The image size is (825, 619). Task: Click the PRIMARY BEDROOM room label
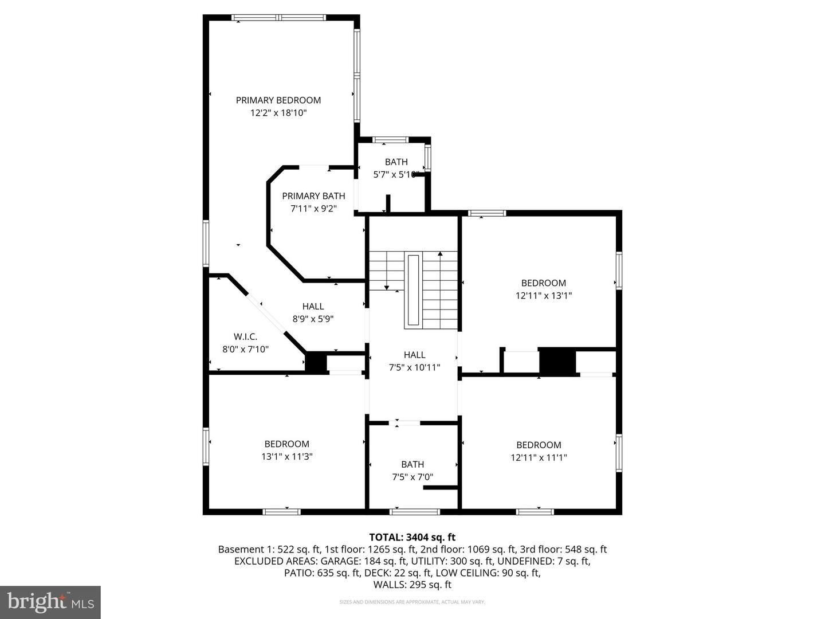(278, 100)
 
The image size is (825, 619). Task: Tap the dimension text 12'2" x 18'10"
(278, 113)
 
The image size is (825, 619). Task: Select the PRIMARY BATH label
(313, 196)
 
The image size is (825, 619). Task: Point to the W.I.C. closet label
(245, 336)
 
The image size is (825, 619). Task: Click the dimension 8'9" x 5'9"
(313, 319)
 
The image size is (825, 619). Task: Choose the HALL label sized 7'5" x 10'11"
(414, 355)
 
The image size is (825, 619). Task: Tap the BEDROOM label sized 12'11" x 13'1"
(543, 283)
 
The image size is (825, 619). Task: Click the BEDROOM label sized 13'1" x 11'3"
(286, 444)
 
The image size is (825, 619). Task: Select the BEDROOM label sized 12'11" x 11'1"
(539, 445)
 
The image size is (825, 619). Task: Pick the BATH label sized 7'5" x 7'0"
(412, 464)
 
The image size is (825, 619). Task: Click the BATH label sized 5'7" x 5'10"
(396, 162)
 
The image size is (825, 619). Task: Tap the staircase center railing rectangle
(413, 290)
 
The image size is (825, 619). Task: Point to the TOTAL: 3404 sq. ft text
(412, 537)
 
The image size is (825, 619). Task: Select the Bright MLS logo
(50, 602)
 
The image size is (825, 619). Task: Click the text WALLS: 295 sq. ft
(412, 585)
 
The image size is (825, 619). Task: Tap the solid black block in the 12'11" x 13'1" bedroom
(557, 362)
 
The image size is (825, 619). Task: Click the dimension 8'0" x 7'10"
(245, 349)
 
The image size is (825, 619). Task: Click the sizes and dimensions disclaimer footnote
(412, 602)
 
